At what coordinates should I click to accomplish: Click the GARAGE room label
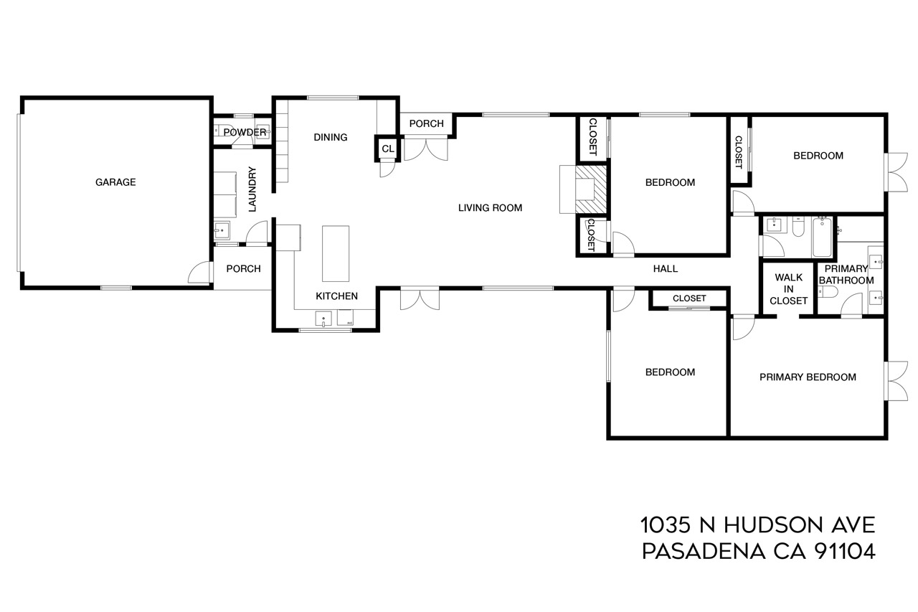[115, 182]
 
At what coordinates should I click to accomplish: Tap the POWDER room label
[245, 133]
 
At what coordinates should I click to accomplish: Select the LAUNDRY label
[252, 189]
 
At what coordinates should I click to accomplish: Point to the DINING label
[331, 137]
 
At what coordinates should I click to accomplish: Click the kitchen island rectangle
[336, 254]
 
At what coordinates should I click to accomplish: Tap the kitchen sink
[323, 319]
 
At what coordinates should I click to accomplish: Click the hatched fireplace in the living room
[590, 189]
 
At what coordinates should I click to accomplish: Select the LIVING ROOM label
[490, 208]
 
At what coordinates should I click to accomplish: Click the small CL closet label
[388, 149]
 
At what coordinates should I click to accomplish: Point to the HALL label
[665, 269]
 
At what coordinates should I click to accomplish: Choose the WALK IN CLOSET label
[788, 289]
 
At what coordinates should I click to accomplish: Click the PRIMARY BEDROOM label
[808, 377]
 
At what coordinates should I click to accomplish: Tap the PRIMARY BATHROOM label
[846, 275]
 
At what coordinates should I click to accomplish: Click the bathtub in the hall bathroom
[822, 237]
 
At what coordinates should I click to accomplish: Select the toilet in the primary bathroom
[828, 292]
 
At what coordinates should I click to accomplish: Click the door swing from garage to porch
[199, 273]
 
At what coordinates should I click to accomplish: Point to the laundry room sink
[222, 230]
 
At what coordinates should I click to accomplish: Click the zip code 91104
[845, 551]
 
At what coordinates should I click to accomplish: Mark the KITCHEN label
[336, 296]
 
